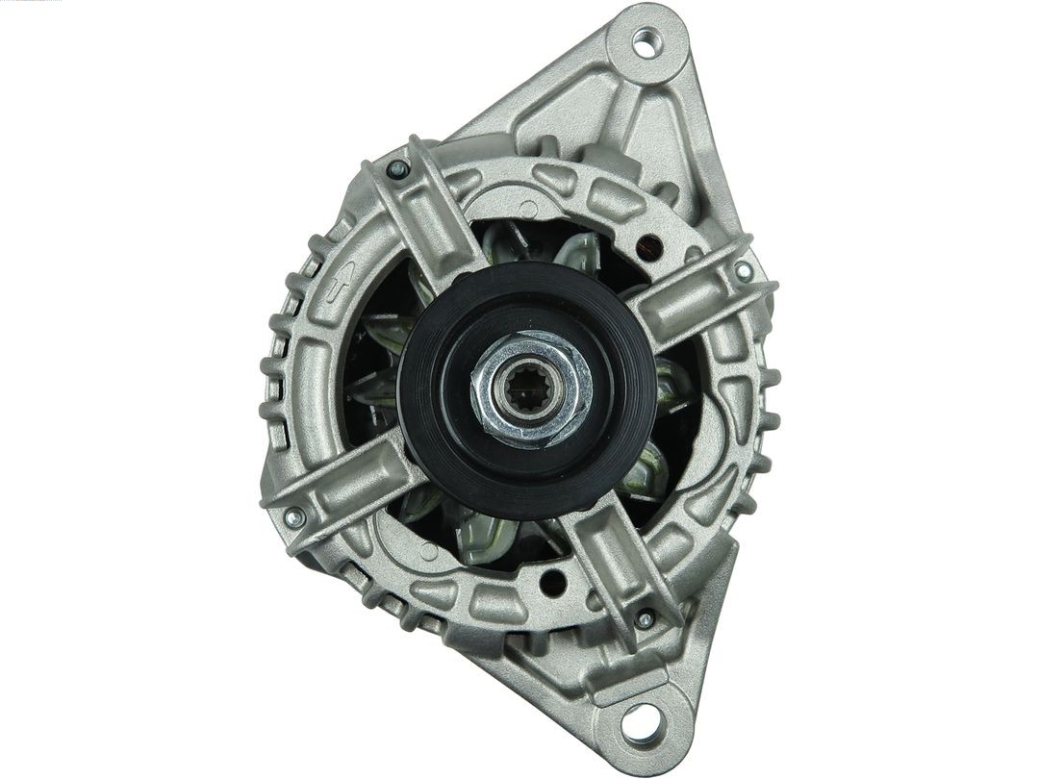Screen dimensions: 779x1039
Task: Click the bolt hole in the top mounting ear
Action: tap(643, 40)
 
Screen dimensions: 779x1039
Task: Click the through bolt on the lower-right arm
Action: tap(645, 618)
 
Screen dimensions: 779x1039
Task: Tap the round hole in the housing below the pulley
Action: tap(553, 581)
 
